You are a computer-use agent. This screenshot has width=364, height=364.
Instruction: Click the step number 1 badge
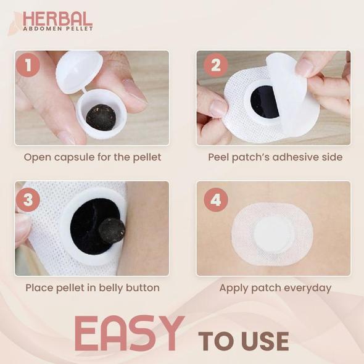point(28,65)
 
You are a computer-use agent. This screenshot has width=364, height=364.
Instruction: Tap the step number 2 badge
point(216,65)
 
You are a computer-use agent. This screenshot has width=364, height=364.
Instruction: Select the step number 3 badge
point(28,199)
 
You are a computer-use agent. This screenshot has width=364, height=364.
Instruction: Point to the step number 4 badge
point(216,199)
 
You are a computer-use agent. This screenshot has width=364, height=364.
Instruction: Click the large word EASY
point(130,333)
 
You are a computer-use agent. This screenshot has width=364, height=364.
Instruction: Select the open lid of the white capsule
point(79,72)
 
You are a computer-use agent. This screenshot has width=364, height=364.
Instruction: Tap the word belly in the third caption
point(110,288)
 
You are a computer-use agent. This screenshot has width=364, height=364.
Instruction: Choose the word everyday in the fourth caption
point(308,288)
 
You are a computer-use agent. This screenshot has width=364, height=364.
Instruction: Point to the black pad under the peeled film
point(265,101)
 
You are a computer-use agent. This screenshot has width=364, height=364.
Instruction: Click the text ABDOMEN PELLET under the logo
point(58,29)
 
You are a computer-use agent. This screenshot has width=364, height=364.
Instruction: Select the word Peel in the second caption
point(218,157)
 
